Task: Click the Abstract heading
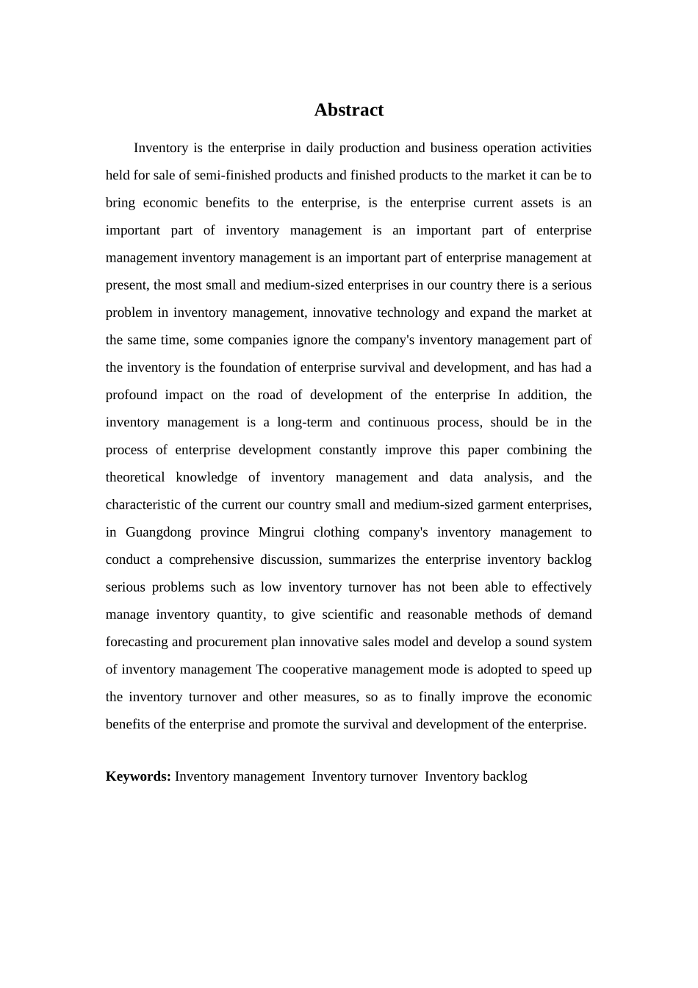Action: click(349, 110)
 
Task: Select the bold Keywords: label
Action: click(138, 776)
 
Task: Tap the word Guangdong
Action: click(158, 532)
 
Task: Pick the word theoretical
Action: click(135, 477)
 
